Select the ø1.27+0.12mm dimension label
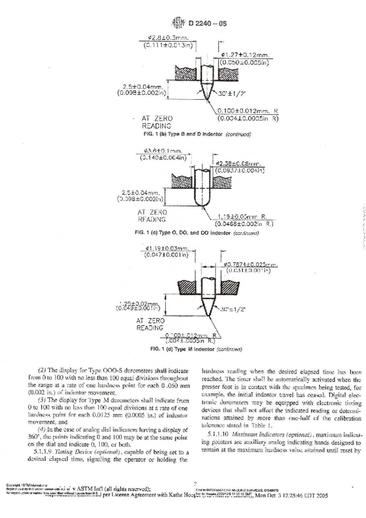(x=245, y=55)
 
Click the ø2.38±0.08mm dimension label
(x=239, y=164)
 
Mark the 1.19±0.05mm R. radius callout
(x=242, y=217)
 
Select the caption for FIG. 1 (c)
(x=197, y=233)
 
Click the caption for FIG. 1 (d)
(x=196, y=349)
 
